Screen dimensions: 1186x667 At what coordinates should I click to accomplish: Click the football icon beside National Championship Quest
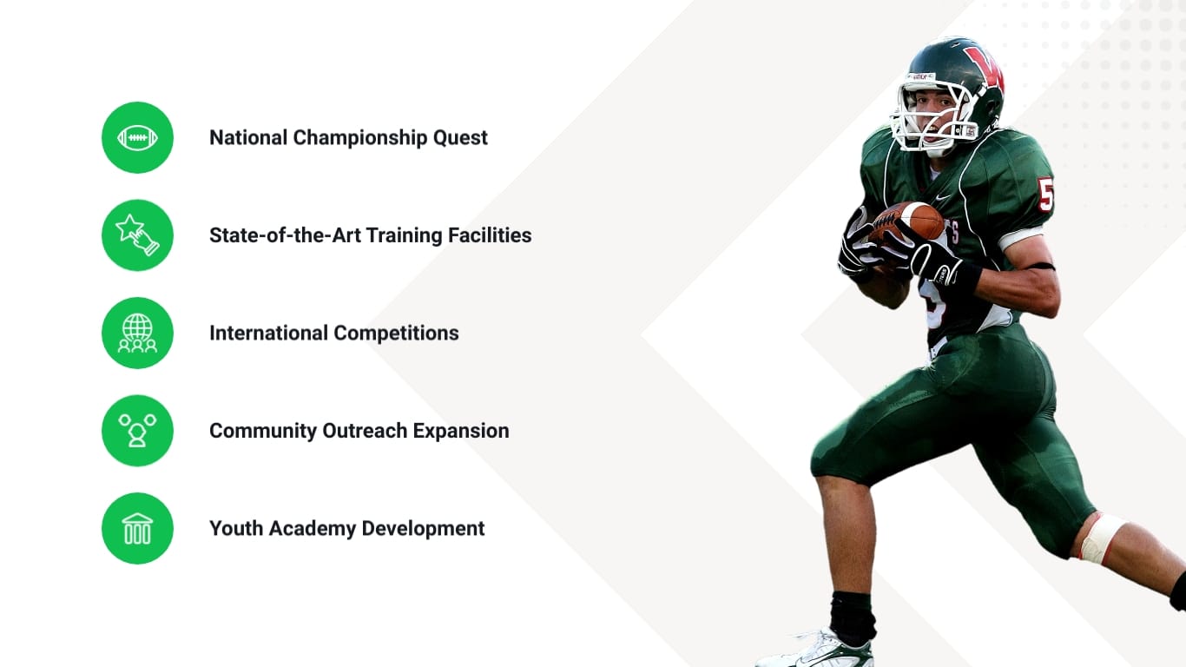coord(137,138)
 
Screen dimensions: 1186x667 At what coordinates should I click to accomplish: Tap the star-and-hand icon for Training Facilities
coord(137,235)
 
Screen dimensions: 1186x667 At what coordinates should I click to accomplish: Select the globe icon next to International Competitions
coord(137,333)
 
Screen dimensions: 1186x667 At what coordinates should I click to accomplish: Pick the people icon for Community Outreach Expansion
coord(137,431)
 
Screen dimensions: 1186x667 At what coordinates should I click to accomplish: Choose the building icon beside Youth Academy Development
coord(137,528)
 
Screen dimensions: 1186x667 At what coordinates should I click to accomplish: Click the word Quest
coord(460,138)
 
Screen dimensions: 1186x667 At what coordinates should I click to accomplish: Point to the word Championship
coord(360,139)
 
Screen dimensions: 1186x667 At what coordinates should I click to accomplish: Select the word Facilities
coord(490,235)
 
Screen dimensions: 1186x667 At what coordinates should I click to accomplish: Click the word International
coord(269,333)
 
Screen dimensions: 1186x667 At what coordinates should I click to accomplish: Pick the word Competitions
coord(397,333)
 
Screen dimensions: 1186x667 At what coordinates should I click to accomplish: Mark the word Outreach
coord(365,431)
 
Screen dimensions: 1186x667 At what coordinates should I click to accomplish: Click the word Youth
coord(237,529)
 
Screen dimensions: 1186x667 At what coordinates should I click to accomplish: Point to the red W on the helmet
coord(985,69)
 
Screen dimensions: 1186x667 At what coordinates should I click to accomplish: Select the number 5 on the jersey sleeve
coord(1045,195)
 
